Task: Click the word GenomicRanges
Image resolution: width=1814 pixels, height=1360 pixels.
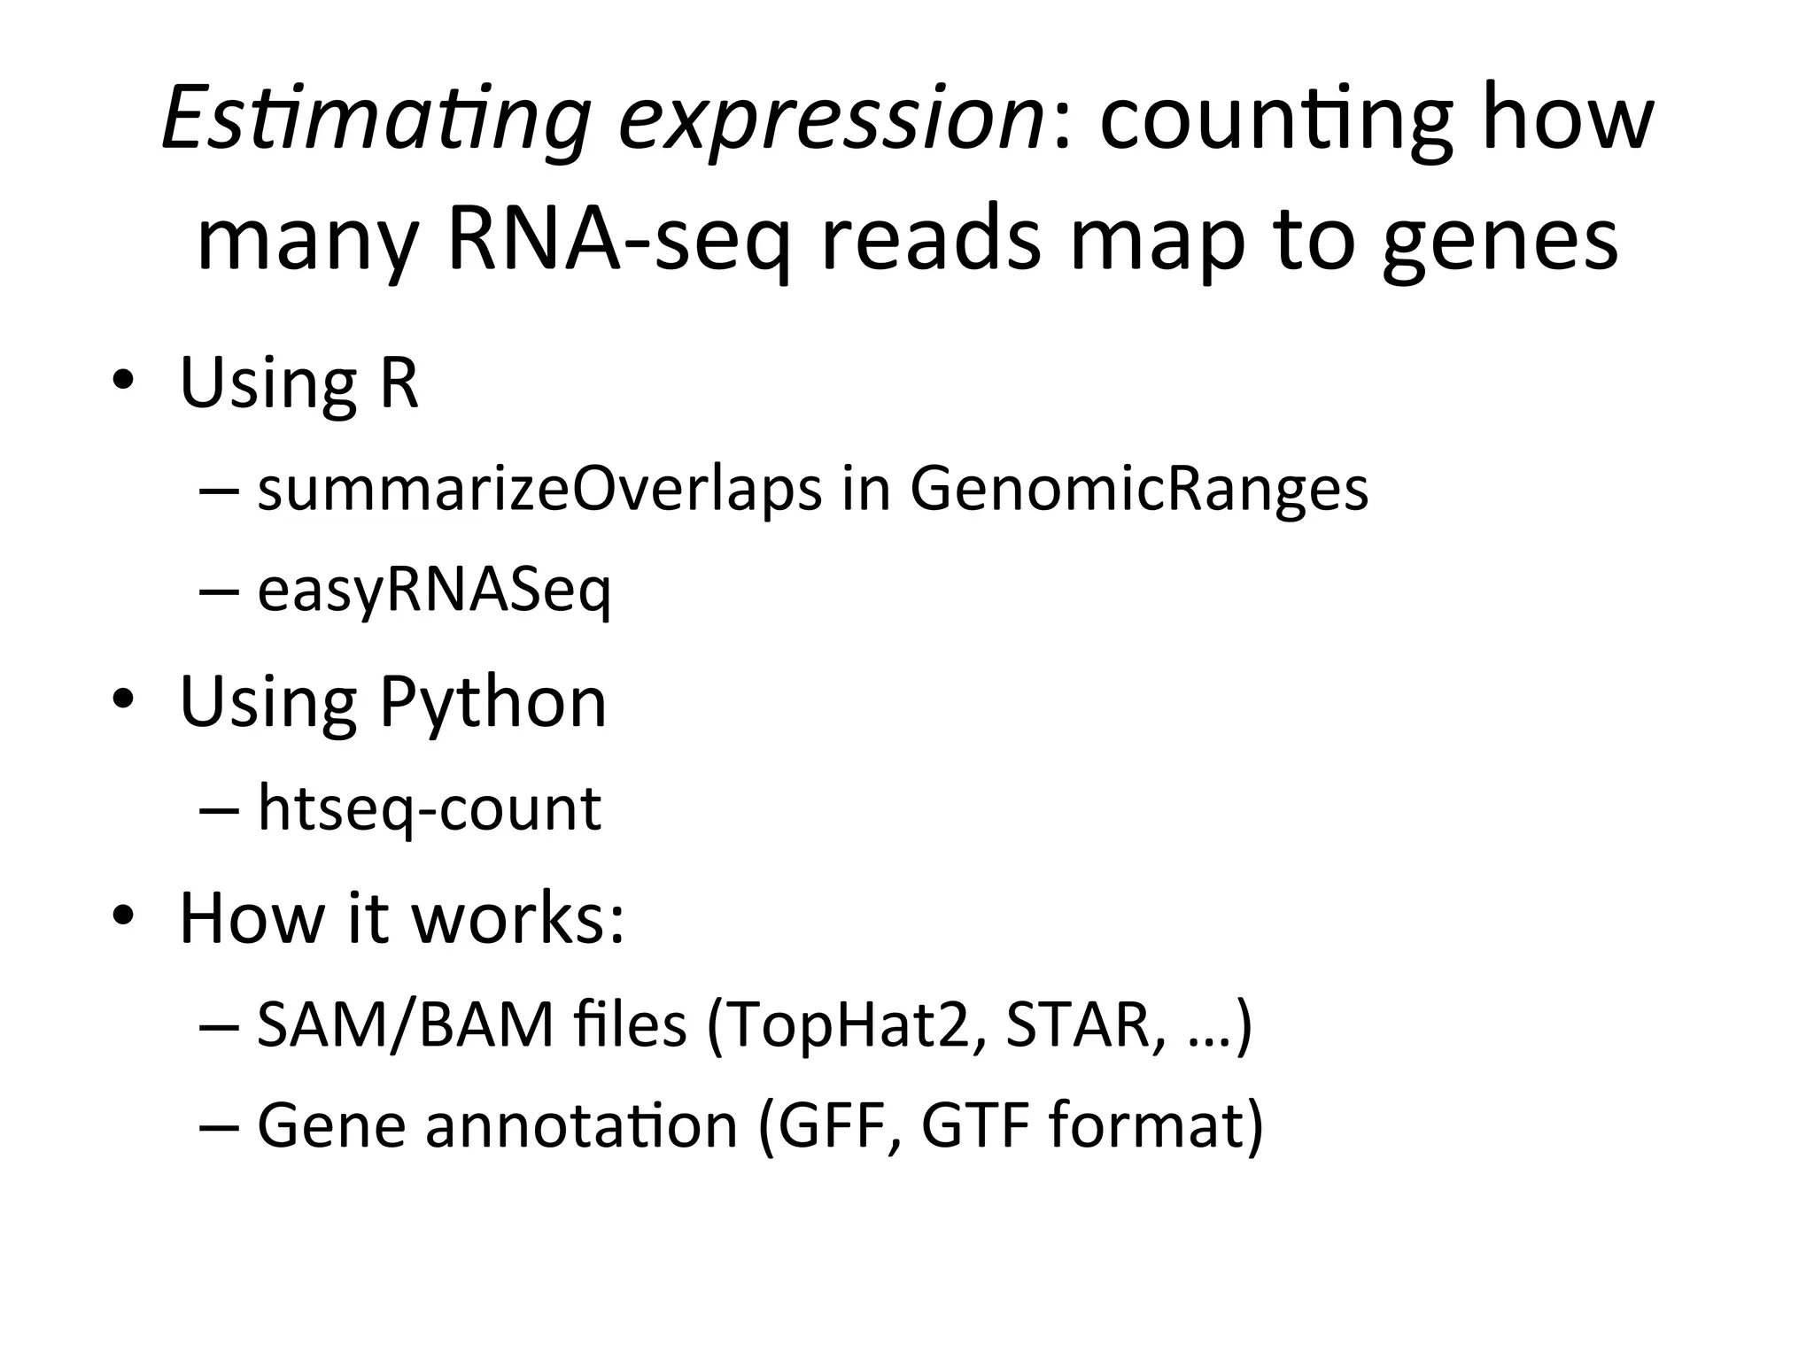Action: pyautogui.click(x=1138, y=490)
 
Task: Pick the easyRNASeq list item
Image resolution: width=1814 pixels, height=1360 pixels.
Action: pyautogui.click(x=434, y=591)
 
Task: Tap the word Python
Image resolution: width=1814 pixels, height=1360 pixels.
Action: pyautogui.click(x=492, y=701)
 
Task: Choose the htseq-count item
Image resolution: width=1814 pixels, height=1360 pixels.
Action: pyautogui.click(x=430, y=808)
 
